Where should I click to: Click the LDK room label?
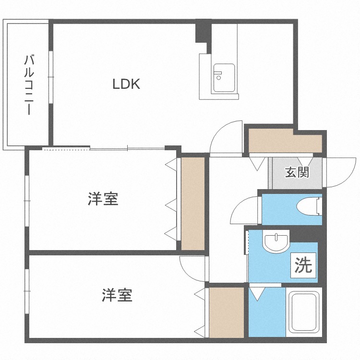point(126,84)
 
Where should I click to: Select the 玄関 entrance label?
point(297,172)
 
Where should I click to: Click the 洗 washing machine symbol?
point(303,265)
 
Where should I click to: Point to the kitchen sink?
point(224,78)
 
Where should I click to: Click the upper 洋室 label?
point(103,199)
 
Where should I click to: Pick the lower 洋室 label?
point(117,295)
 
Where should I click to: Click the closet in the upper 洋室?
point(193,202)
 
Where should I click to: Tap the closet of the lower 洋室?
point(227,312)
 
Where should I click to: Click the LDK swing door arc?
point(225,137)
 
